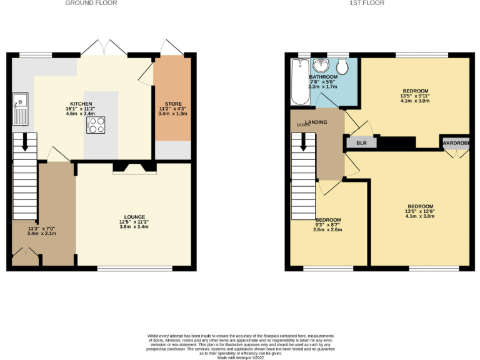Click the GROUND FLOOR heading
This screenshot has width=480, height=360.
(91, 3)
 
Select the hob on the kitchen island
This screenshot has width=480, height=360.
(96, 125)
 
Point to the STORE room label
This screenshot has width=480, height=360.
(173, 103)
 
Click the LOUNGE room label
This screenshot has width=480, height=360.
(134, 216)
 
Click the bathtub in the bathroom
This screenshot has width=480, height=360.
(297, 82)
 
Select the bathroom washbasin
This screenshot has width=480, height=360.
(321, 66)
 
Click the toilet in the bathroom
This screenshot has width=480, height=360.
(342, 67)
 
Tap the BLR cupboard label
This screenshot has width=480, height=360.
(361, 143)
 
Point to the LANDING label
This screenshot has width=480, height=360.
(316, 121)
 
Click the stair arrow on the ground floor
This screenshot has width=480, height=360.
(25, 142)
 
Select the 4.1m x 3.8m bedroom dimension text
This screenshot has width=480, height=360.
(420, 216)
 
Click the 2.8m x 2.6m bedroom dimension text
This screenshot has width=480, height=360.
(328, 229)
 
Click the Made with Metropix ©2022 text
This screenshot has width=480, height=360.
(240, 357)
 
